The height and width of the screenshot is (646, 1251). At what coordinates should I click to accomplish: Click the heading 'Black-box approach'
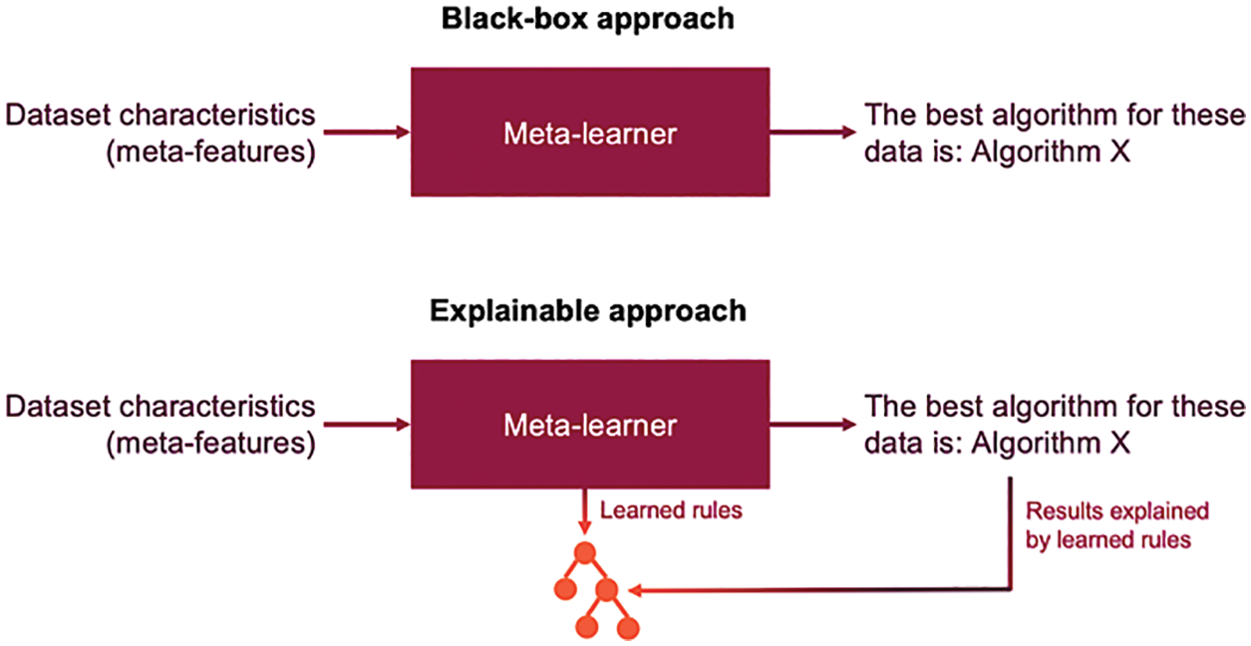click(588, 19)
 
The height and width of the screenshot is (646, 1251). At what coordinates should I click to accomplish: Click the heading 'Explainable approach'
click(588, 311)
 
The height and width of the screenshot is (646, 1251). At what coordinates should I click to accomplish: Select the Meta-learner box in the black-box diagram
click(589, 133)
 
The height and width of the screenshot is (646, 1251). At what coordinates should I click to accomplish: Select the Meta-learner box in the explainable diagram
click(589, 426)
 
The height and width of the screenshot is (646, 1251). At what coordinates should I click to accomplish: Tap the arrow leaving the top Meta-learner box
click(810, 132)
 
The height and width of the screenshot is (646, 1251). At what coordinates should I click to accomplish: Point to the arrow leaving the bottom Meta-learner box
click(810, 425)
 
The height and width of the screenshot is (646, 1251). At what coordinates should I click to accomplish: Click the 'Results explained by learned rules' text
click(1116, 524)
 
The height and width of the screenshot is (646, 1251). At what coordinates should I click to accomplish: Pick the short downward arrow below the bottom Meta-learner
click(584, 512)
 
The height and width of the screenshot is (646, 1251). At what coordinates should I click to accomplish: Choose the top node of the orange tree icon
click(584, 553)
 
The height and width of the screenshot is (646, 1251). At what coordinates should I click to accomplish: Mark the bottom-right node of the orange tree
click(627, 628)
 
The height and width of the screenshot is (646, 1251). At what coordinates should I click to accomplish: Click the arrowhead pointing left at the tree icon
click(634, 591)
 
